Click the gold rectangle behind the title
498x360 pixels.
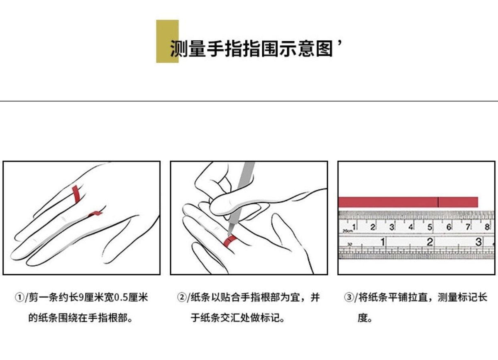(x=167, y=42)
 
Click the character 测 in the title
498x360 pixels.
(x=178, y=49)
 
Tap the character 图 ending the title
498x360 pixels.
(x=325, y=49)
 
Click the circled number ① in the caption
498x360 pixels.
(x=20, y=297)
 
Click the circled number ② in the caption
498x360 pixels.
(x=182, y=297)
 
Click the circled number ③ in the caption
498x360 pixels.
(x=349, y=297)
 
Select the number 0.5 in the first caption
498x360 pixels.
(x=121, y=298)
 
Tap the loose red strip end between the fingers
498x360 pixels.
(x=95, y=214)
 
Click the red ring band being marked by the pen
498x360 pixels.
(x=230, y=241)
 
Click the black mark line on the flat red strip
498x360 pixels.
(x=438, y=202)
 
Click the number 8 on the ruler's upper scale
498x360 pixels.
(x=487, y=227)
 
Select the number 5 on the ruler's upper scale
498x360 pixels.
(x=430, y=227)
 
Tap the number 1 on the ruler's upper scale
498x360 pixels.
(x=354, y=227)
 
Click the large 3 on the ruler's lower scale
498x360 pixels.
(x=478, y=242)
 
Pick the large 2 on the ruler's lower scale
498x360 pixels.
(x=430, y=242)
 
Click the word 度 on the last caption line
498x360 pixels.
(x=362, y=318)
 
